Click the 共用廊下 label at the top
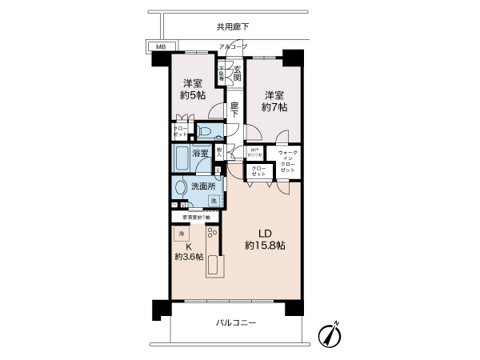point(232,26)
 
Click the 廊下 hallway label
point(234,110)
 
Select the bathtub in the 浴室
point(181,157)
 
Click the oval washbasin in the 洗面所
point(181,188)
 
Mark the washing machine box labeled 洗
point(214,200)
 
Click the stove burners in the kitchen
point(213,233)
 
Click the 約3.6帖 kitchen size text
point(189,257)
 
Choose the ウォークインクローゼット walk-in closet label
point(288,162)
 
